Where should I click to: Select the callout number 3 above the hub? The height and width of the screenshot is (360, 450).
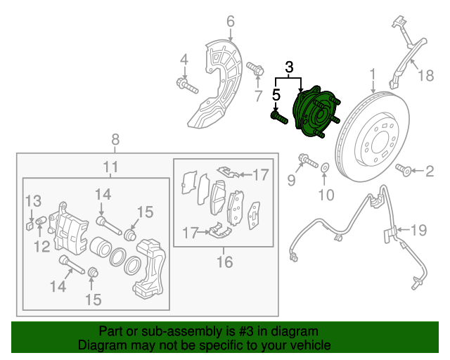[289, 68]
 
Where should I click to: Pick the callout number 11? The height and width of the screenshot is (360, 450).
[110, 167]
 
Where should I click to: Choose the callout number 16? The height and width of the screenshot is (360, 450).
[224, 262]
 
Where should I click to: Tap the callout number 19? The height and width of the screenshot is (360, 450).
[419, 229]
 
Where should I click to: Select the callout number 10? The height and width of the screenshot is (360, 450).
[324, 193]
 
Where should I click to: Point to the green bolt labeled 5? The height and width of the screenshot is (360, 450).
[278, 117]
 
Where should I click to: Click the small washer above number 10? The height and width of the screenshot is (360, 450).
[324, 169]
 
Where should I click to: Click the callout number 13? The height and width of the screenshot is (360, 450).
[34, 202]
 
